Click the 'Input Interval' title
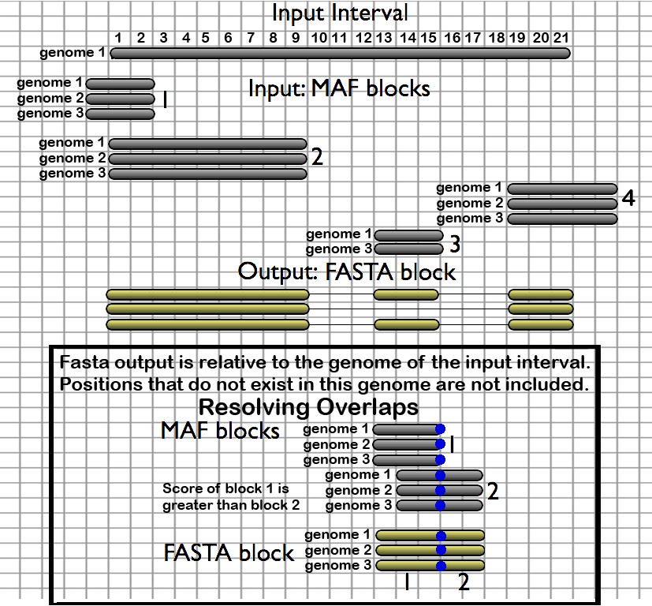[x=340, y=13]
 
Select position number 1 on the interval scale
[x=117, y=38]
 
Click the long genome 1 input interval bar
[x=340, y=54]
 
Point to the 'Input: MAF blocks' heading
[x=339, y=88]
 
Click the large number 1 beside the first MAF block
[x=165, y=99]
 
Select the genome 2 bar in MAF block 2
[x=207, y=159]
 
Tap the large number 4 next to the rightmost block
[x=628, y=197]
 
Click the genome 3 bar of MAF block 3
[x=408, y=249]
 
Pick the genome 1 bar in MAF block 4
[x=562, y=189]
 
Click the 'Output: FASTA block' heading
[x=347, y=272]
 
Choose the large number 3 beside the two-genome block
[x=454, y=244]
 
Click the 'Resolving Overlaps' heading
[x=308, y=407]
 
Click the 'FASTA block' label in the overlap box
[x=229, y=552]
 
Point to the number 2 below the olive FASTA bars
[x=464, y=583]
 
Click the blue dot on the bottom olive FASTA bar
[x=441, y=566]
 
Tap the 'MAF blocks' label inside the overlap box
[x=220, y=431]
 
